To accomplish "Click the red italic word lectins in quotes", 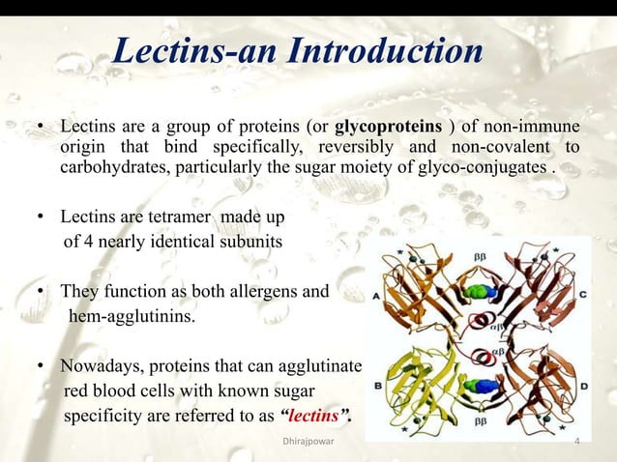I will point(314,417).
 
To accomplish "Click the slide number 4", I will point(576,444).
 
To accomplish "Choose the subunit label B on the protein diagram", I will point(375,385).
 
